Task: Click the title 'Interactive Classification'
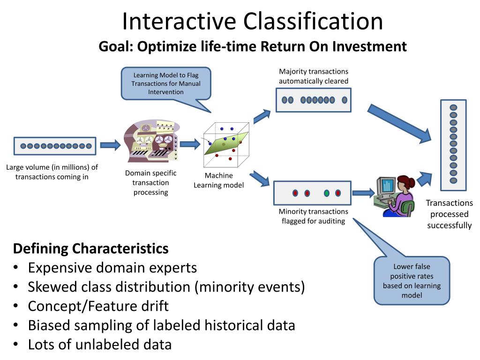click(x=253, y=22)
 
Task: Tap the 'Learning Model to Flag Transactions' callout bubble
click(x=166, y=83)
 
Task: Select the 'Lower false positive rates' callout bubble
click(x=412, y=281)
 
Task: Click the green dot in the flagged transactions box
click(x=327, y=193)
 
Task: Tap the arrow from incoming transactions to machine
click(x=110, y=145)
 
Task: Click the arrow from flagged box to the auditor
click(x=363, y=193)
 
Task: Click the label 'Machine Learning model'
click(x=219, y=180)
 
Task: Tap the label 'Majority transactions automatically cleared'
click(x=314, y=76)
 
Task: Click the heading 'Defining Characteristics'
click(x=90, y=248)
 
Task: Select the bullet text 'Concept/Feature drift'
click(x=98, y=306)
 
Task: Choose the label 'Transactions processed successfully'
click(x=449, y=214)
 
